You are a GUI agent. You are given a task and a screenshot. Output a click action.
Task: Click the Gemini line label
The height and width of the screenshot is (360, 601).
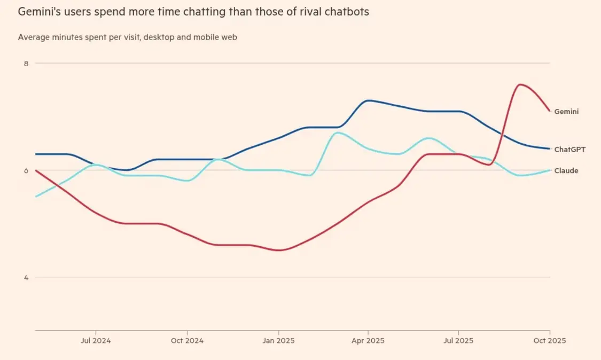(566, 112)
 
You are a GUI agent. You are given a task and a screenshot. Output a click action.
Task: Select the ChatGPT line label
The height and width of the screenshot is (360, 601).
(569, 150)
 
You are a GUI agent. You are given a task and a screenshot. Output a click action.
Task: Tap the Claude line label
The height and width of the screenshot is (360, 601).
(566, 171)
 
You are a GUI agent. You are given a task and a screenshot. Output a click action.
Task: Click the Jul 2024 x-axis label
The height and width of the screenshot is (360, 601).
(95, 340)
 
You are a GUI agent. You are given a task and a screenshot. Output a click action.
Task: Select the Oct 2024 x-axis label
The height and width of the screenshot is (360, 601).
(186, 340)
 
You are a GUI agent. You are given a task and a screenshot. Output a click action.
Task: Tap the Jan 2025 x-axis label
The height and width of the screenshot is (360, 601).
(278, 340)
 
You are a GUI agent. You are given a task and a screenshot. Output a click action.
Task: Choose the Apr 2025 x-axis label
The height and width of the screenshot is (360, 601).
(368, 340)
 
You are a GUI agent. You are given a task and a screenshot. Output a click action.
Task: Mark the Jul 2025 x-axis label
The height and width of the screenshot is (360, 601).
(458, 340)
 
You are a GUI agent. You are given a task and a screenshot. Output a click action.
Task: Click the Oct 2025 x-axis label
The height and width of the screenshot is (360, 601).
(549, 340)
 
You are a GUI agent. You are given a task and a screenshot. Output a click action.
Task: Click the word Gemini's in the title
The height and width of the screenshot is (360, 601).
(38, 12)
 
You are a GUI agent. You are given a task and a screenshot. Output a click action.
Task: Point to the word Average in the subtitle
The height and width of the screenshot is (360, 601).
(34, 37)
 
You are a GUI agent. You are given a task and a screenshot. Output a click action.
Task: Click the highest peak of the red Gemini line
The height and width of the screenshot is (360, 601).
(520, 84)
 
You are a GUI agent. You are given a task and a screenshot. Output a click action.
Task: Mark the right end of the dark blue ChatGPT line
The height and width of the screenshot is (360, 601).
(550, 148)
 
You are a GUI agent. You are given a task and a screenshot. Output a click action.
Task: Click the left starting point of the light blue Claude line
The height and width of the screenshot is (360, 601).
(36, 197)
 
